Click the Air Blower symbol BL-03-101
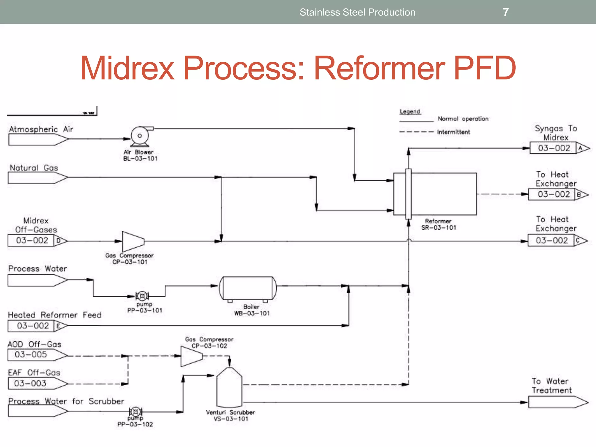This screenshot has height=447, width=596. pos(140,136)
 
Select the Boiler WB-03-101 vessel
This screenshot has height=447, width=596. pos(248,288)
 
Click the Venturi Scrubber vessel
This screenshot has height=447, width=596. pos(229,387)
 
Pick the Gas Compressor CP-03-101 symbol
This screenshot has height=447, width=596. pos(132,241)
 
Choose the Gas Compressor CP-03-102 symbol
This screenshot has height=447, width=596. pos(191,356)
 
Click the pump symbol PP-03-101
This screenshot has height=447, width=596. pos(142,296)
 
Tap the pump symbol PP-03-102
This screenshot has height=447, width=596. pos(136,412)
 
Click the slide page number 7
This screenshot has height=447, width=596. pos(505,12)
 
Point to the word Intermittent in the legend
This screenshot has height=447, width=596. pos(453,132)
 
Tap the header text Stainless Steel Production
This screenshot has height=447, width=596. pos(357,12)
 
